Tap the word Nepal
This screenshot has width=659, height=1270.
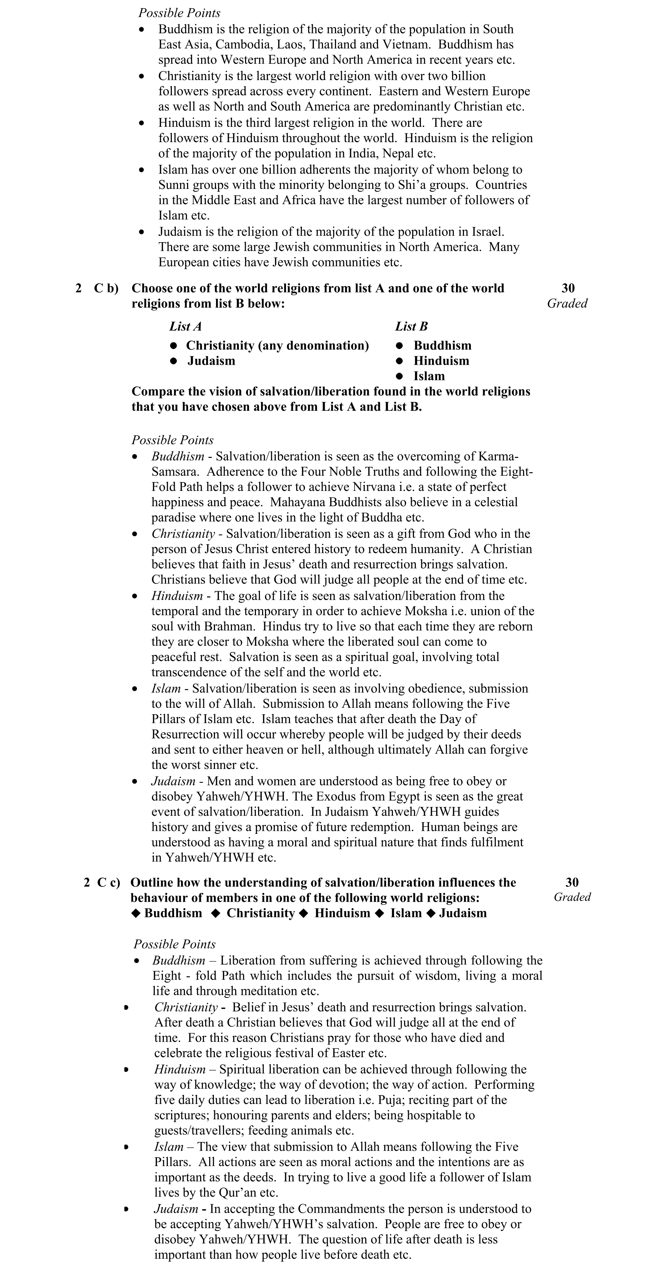click(406, 153)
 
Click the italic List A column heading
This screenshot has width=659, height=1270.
click(185, 326)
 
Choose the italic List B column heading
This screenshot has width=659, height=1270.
click(411, 326)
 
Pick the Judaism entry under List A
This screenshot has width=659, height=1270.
click(211, 361)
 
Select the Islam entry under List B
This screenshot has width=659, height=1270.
click(429, 376)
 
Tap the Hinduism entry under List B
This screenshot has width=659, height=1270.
click(441, 361)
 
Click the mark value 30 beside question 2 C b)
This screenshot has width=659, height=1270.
click(568, 289)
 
